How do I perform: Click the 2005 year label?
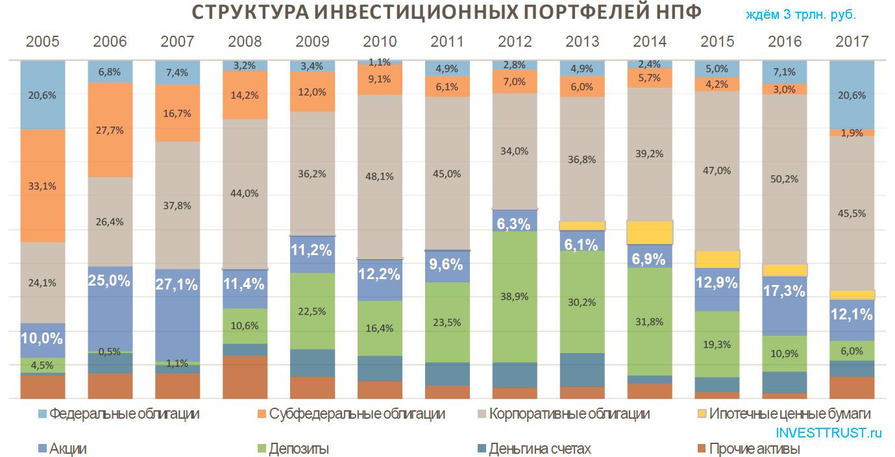pos(42,42)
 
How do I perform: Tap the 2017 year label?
pos(852,42)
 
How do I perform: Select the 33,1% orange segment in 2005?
pos(42,186)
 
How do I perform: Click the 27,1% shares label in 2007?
pos(177,284)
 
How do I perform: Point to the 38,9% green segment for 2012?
pos(515,296)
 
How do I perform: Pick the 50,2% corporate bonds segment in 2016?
pos(785,179)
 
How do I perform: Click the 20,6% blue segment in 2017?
pos(852,95)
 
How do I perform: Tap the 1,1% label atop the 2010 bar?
pos(380,62)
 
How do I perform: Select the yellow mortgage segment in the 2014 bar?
pos(650,232)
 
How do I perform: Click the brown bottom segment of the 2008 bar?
pos(245,377)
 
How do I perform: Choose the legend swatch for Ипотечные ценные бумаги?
pos(701,414)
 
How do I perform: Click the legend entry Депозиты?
pos(299,449)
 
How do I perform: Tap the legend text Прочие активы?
pos(754,449)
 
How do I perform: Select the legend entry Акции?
pos(67,449)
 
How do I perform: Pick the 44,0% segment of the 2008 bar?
pos(245,193)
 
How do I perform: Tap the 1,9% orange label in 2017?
pos(852,133)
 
